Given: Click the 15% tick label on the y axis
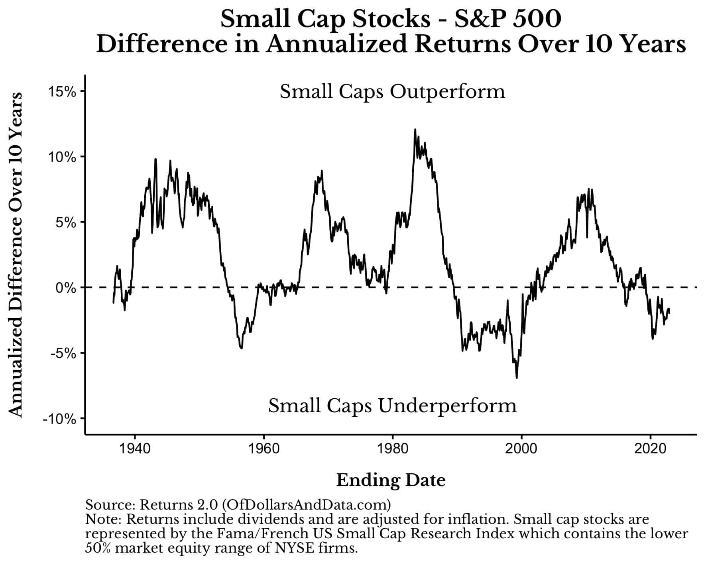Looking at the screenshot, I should point(62,92).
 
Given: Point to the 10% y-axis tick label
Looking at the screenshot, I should point(62,157).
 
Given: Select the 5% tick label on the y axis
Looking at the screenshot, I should point(66,222).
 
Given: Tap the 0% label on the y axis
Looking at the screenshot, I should point(66,288).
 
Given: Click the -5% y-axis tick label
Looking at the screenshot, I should point(64,353).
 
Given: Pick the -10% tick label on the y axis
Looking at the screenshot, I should point(60,419).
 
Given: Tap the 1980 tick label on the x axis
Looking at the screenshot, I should point(393,449).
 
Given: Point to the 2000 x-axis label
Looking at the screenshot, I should point(521,449).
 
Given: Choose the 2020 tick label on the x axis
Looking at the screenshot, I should point(650,449).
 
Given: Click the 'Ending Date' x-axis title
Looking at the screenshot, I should point(391,480).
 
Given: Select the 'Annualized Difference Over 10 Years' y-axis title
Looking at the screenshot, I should point(16,255).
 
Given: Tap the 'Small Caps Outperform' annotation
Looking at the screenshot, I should point(392,92).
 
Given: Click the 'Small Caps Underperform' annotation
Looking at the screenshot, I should point(392,406).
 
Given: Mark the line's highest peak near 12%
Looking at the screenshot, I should point(415,130).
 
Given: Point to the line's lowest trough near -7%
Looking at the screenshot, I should point(517,377).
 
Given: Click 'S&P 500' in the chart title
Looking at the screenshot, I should point(508,19).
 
